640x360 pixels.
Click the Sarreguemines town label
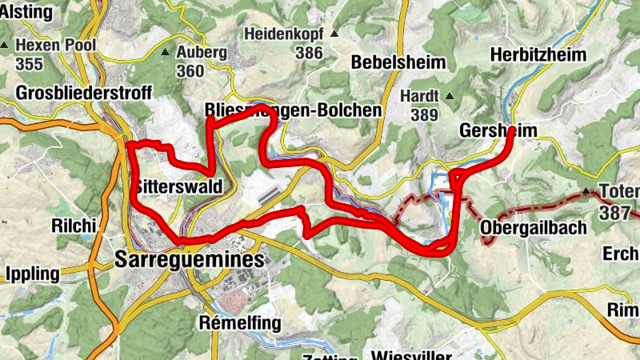(190, 260)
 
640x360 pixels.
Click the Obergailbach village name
(534, 228)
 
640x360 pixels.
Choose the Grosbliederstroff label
(83, 93)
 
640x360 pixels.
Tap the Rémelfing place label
(239, 323)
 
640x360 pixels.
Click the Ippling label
(33, 274)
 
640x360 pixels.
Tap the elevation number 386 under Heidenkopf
(308, 54)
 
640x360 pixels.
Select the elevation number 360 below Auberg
(190, 71)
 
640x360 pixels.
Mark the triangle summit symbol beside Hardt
(450, 97)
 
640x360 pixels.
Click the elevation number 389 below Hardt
(425, 114)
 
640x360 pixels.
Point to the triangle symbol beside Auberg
(165, 53)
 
